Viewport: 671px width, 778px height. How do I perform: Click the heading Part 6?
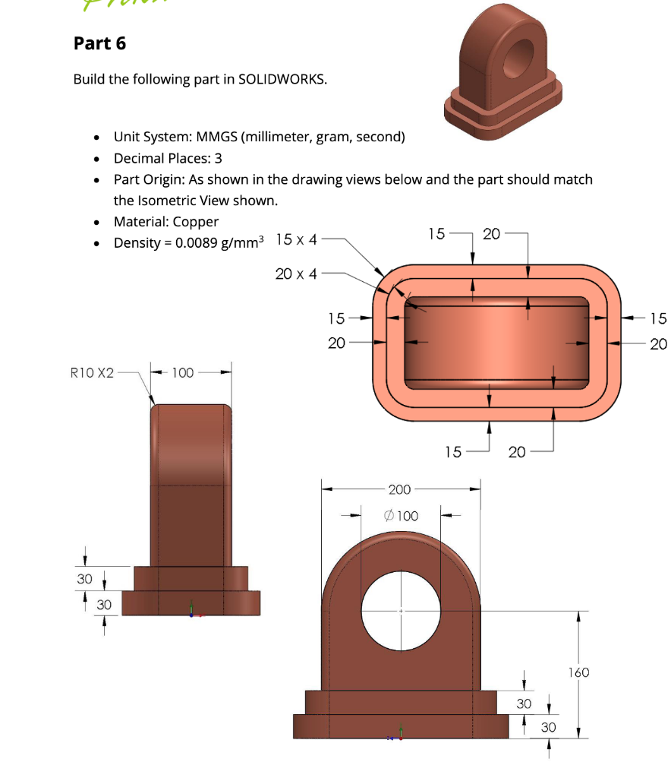tap(99, 43)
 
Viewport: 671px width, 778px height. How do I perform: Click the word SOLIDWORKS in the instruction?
tap(282, 79)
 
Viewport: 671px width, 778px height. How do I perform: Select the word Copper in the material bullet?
tap(195, 222)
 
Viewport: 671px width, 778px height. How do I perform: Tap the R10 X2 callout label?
tap(92, 373)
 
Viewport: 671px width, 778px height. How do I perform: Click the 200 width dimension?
tap(400, 489)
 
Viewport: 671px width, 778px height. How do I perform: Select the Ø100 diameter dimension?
tap(402, 516)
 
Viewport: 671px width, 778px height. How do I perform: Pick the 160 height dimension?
tap(578, 672)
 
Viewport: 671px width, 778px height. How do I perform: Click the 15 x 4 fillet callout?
tap(297, 239)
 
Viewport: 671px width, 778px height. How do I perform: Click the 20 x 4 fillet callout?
tap(297, 274)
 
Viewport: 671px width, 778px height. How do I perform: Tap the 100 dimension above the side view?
tap(182, 373)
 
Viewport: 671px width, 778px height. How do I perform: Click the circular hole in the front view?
tap(402, 610)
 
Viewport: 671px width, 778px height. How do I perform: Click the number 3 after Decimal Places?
tap(219, 158)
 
